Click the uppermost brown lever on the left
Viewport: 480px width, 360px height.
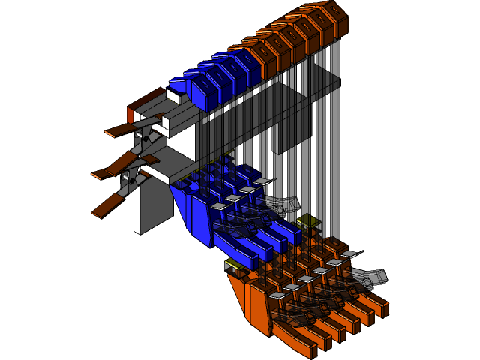coord(120,133)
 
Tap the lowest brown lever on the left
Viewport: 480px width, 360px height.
coord(106,206)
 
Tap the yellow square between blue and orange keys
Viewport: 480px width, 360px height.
coord(305,222)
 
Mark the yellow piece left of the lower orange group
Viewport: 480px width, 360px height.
coord(233,265)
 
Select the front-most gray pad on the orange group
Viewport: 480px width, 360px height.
coord(277,296)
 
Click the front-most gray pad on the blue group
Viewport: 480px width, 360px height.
coord(217,206)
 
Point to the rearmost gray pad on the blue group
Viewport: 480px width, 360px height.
coord(261,181)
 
